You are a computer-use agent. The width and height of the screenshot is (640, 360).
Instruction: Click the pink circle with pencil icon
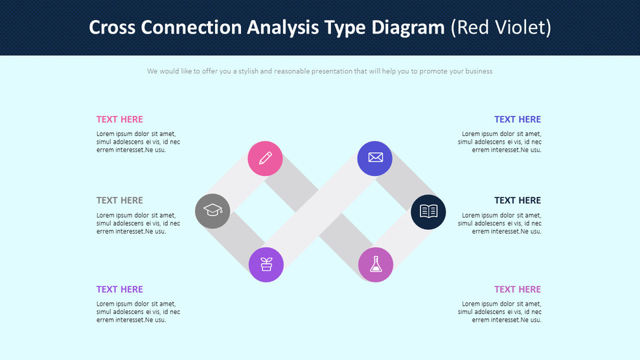point(265,159)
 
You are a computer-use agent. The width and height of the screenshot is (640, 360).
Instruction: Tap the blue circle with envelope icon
point(375,158)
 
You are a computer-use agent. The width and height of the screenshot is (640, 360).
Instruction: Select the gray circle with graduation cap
point(212,211)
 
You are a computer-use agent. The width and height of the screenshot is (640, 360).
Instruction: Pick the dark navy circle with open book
point(428,211)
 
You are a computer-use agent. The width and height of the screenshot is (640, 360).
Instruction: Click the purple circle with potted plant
point(266,264)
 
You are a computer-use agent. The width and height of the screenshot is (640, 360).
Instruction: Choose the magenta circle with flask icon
point(376,264)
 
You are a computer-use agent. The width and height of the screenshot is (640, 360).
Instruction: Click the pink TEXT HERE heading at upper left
point(120,119)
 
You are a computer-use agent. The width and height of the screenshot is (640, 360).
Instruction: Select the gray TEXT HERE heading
point(120,200)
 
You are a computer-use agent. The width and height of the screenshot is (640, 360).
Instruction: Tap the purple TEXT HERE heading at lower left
point(120,289)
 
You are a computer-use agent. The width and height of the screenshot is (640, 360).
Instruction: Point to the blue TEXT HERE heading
point(517,119)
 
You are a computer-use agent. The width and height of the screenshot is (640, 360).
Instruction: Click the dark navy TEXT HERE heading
point(517,200)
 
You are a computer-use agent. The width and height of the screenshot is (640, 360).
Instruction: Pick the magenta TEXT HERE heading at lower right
point(517,289)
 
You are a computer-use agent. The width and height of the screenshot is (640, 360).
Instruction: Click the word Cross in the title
point(112,27)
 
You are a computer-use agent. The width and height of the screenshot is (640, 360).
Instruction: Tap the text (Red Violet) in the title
point(501,27)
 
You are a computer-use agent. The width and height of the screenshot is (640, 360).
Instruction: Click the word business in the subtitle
point(477,71)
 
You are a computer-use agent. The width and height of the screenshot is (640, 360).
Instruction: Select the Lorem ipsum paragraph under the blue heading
point(499,142)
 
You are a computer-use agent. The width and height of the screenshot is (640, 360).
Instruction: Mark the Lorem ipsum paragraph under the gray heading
point(138,223)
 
